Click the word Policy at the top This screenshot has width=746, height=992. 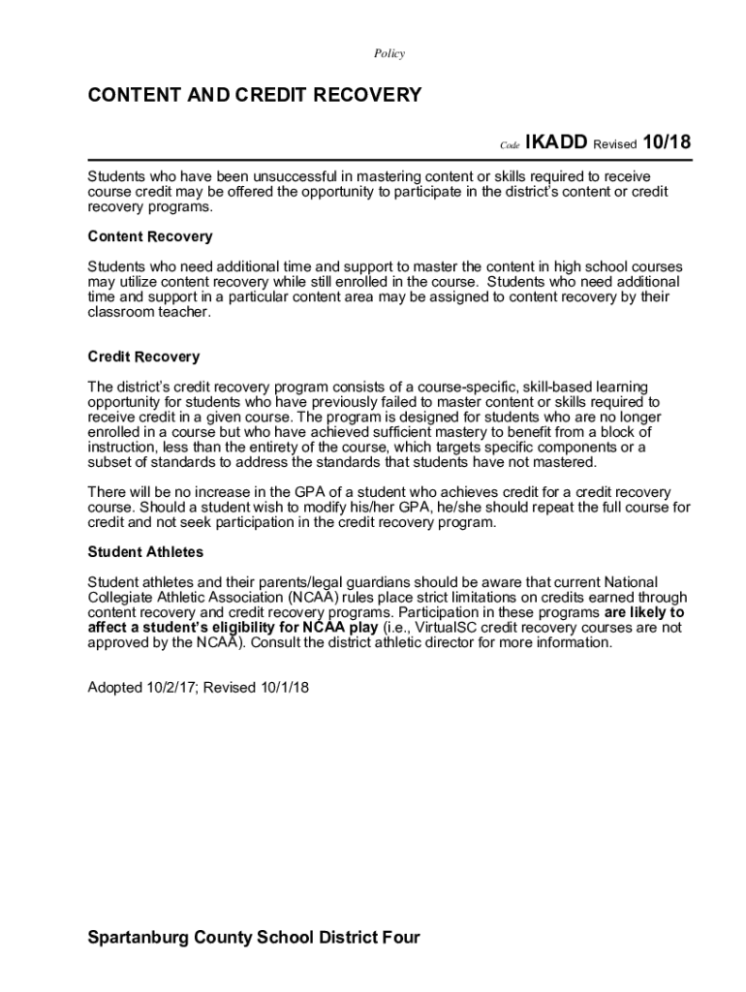pos(389,54)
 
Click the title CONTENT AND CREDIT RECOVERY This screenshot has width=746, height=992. pos(255,95)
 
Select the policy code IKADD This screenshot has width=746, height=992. pos(559,142)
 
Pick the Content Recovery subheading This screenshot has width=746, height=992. pos(150,236)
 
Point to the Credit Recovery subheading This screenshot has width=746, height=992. pos(144,356)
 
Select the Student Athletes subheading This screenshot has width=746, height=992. pos(145,552)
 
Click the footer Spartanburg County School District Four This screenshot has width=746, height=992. pos(254,938)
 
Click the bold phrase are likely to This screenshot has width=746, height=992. pos(644,612)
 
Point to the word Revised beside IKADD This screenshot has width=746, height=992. pos(614,144)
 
